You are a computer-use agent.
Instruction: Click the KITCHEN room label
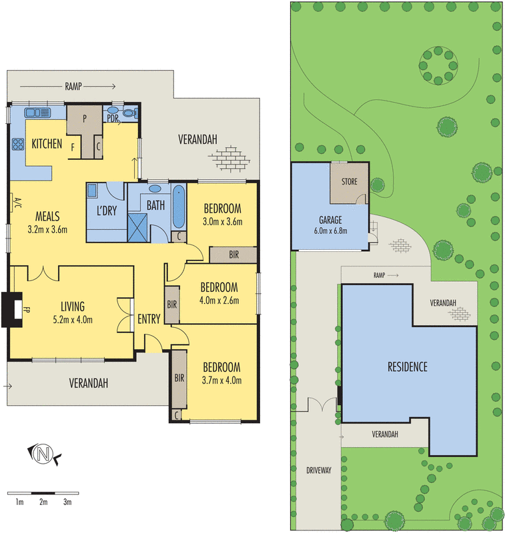click(47, 143)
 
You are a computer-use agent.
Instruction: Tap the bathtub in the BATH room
click(178, 207)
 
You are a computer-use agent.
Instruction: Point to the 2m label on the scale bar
click(43, 502)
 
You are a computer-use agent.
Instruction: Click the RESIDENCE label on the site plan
click(407, 366)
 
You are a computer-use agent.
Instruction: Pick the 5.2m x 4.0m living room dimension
click(73, 319)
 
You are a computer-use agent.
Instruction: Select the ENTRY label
click(149, 319)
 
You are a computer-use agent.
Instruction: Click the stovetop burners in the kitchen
click(17, 143)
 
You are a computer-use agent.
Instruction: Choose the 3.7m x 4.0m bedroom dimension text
click(222, 380)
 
